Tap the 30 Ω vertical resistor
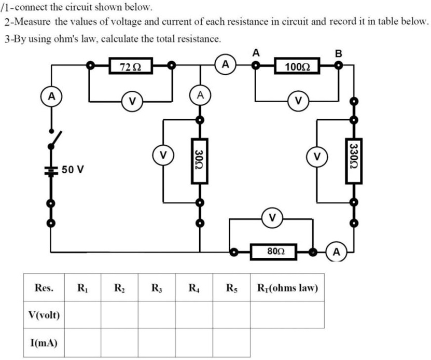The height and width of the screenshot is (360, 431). coord(199,161)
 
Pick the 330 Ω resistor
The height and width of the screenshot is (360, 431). coord(354,161)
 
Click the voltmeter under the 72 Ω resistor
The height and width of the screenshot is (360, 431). coord(131,101)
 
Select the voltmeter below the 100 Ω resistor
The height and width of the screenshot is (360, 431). coord(298,101)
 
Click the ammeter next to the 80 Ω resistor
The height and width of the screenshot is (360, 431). coord(337,253)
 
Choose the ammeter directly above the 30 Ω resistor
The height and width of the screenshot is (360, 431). coord(199,95)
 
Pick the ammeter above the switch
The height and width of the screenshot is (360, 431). coord(51,96)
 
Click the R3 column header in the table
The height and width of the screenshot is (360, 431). coord(156,287)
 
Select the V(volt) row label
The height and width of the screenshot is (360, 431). coord(44,315)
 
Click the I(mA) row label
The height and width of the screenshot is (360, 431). coord(44,343)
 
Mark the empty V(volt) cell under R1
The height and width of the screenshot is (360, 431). coord(82,315)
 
